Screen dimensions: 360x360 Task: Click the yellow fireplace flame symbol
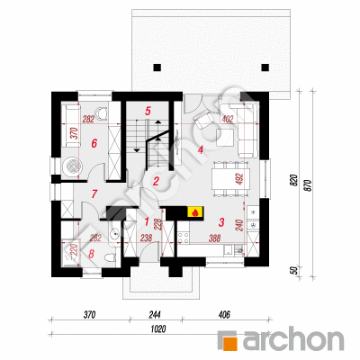pyautogui.click(x=195, y=212)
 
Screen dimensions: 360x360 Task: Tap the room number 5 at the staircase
pyautogui.click(x=148, y=111)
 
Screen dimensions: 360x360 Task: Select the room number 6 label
pyautogui.click(x=94, y=144)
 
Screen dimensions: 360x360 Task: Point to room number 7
pyautogui.click(x=94, y=194)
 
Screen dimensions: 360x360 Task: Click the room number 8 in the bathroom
pyautogui.click(x=91, y=254)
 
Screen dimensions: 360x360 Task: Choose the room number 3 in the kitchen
pyautogui.click(x=221, y=222)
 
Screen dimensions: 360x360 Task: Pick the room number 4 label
pyautogui.click(x=201, y=149)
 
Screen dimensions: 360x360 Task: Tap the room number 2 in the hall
pyautogui.click(x=156, y=181)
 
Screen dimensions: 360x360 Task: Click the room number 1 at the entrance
pyautogui.click(x=147, y=222)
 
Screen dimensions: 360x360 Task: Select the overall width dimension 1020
pyautogui.click(x=158, y=328)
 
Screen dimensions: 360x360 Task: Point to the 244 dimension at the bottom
pyautogui.click(x=155, y=315)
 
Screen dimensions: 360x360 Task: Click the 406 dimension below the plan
pyautogui.click(x=224, y=315)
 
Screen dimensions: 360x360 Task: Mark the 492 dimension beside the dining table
pyautogui.click(x=238, y=179)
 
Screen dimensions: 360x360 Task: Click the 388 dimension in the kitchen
pyautogui.click(x=215, y=238)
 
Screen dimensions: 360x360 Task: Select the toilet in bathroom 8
pyautogui.click(x=110, y=257)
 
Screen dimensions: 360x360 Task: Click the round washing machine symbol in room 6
pyautogui.click(x=72, y=166)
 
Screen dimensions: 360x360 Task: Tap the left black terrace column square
pyautogui.click(x=157, y=67)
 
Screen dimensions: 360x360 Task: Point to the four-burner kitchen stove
pyautogui.click(x=184, y=238)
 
